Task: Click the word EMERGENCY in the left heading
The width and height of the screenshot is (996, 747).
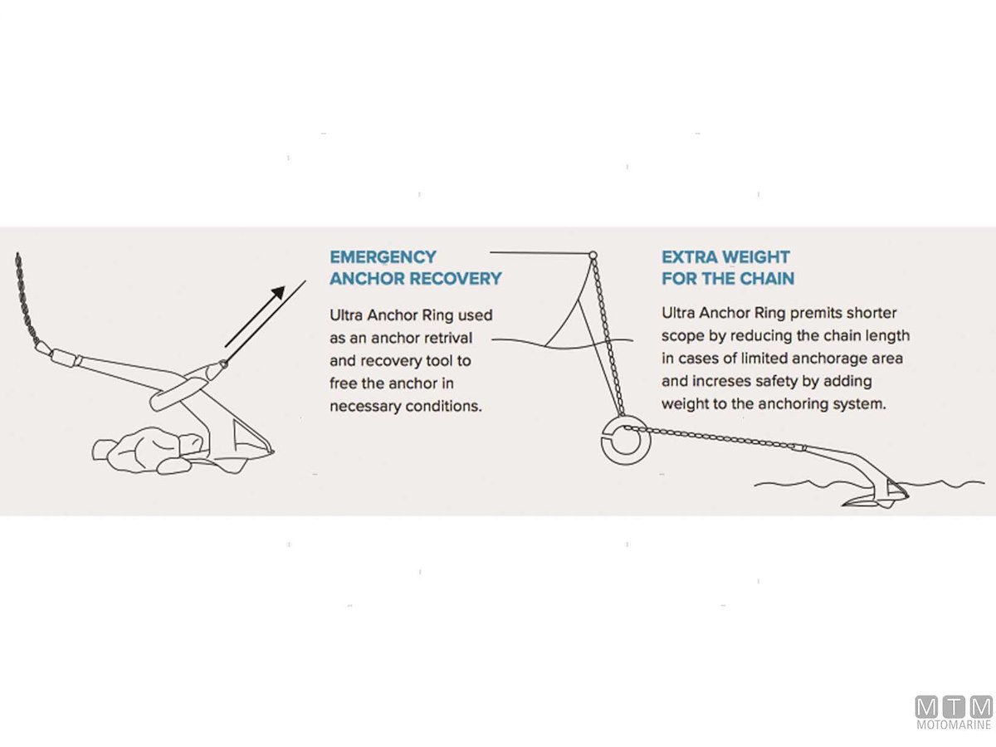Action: [383, 257]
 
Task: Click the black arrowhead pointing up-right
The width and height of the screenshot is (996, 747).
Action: [278, 292]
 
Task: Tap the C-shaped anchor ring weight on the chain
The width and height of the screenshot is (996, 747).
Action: [626, 441]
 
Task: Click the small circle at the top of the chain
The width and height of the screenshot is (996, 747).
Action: [593, 255]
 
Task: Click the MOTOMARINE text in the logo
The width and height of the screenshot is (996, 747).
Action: [954, 725]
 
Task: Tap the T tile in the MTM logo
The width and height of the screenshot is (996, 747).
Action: [954, 706]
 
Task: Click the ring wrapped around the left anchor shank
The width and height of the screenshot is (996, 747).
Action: [178, 390]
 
